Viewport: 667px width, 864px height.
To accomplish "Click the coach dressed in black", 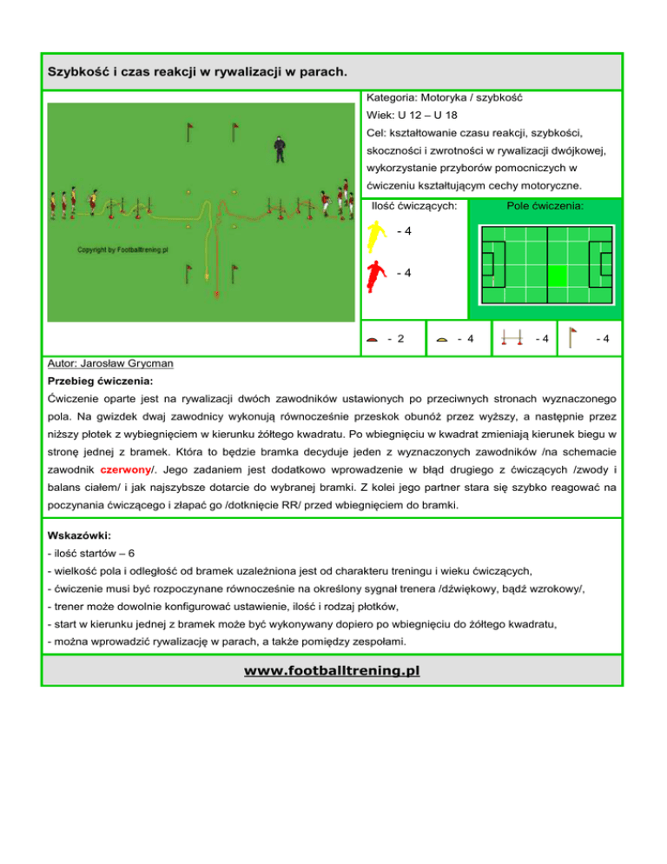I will point(279,150).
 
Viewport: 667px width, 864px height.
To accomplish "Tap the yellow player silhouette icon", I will point(375,234).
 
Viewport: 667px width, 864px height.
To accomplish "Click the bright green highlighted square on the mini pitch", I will point(558,276).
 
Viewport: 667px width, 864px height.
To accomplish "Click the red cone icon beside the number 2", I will point(372,339).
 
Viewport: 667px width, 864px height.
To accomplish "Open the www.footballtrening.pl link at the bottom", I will point(332,672).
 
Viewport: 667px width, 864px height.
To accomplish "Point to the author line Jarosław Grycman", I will point(111,363).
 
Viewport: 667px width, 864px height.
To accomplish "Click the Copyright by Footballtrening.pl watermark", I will point(122,249).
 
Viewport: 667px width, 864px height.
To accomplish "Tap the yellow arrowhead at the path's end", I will point(207,278).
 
